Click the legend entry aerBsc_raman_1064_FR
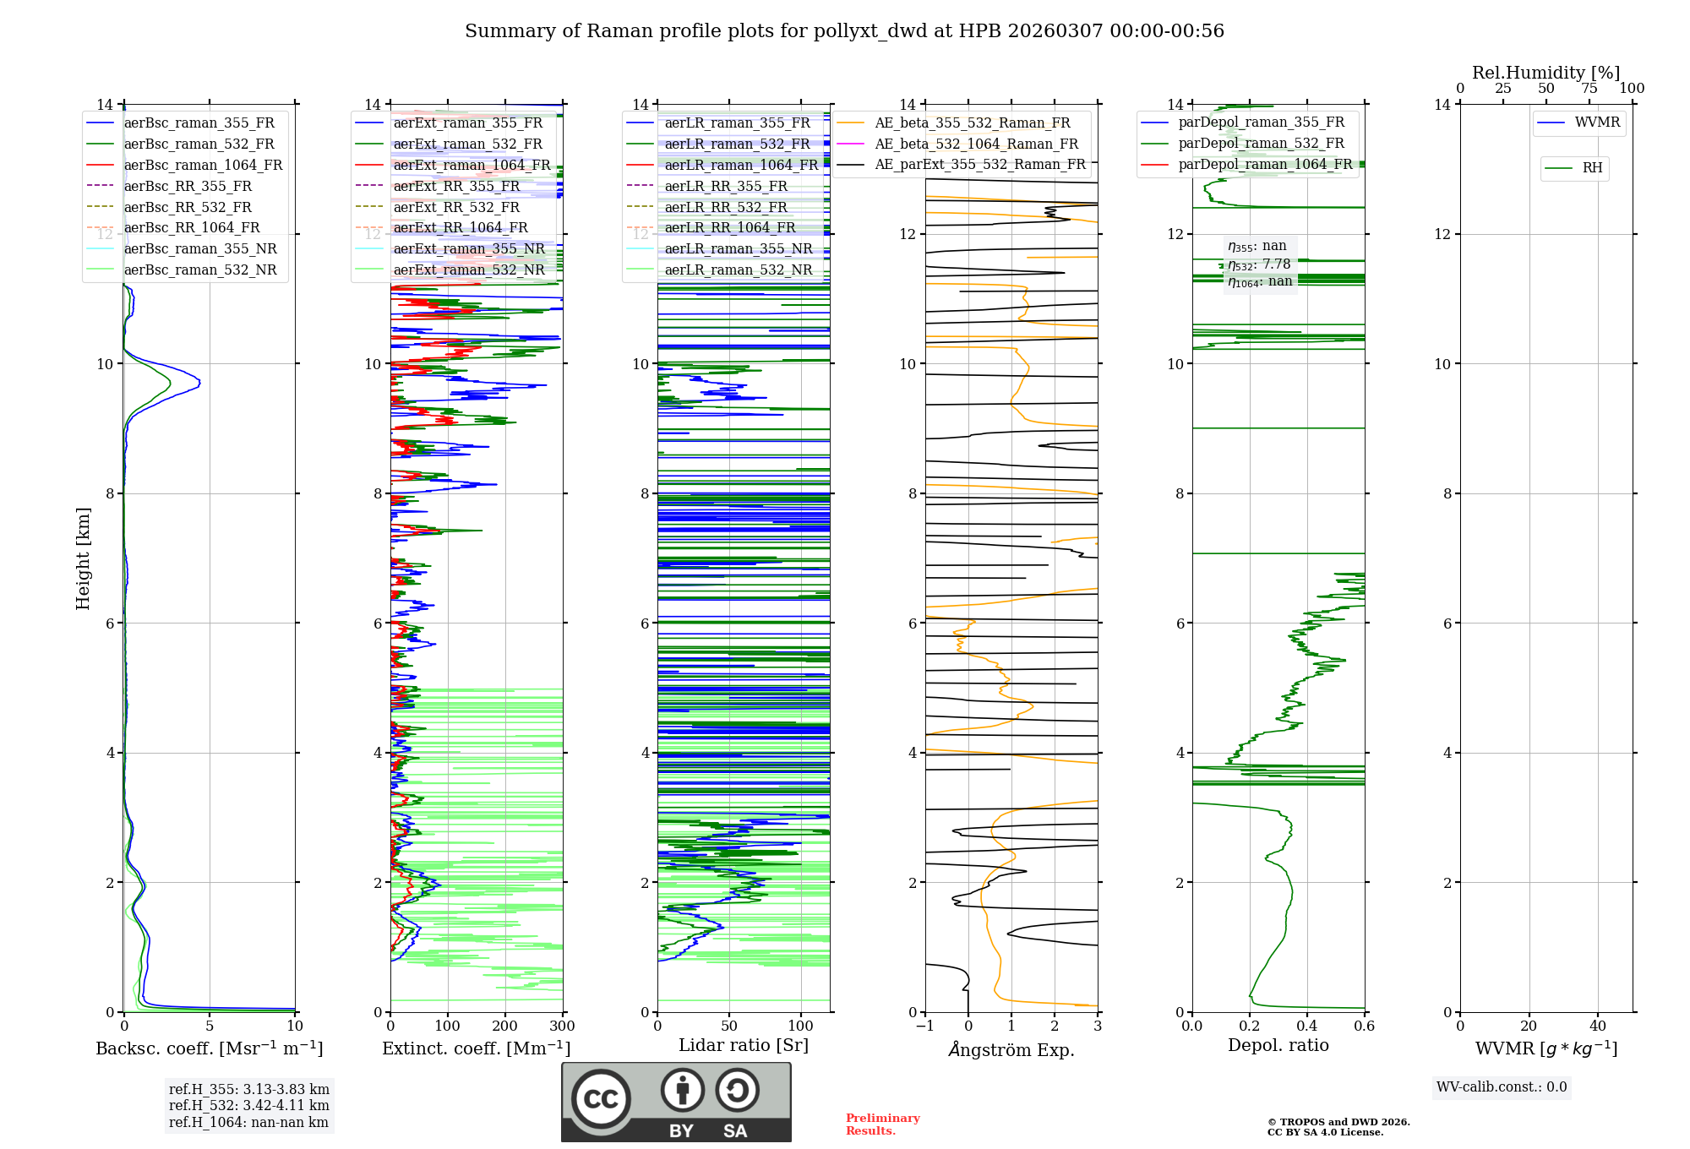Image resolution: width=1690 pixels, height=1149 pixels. coord(203,166)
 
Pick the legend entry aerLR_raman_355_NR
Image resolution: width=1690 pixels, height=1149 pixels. coord(738,248)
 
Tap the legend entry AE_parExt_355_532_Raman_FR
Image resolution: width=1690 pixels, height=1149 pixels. coord(979,165)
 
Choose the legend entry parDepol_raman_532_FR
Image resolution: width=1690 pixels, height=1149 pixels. coord(1261,144)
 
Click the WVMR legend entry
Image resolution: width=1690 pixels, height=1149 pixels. coord(1596,123)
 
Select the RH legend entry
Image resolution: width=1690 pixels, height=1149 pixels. coord(1592,168)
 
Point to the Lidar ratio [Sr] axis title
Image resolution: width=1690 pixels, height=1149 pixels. coord(744,1045)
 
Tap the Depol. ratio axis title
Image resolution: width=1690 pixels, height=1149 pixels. coord(1278,1045)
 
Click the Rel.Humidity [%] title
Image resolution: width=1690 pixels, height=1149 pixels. coord(1546,73)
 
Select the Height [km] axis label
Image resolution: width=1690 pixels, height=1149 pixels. coord(83,558)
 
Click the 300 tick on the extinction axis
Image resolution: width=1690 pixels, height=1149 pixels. coord(562,1026)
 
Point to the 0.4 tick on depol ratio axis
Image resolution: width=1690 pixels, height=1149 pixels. coord(1306,1026)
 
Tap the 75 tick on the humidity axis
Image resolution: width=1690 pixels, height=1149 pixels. coord(1589,88)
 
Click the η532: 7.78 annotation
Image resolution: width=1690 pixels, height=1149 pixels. coord(1259,264)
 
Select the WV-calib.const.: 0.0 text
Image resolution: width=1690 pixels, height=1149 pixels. coord(1502,1087)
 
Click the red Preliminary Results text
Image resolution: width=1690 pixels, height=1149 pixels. coord(882,1124)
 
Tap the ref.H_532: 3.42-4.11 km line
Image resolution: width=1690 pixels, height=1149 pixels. coord(248,1105)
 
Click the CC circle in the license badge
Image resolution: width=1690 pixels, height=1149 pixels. coord(601,1099)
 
